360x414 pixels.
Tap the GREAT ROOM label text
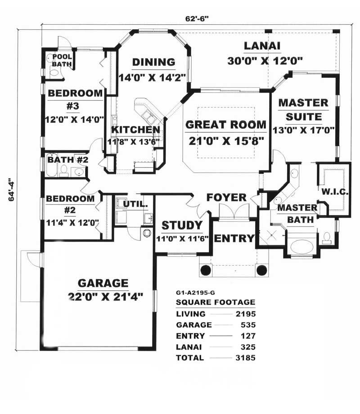coord(226,125)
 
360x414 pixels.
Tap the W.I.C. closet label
coord(333,192)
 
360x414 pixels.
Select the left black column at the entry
coord(205,270)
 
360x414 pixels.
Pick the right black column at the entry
coord(261,270)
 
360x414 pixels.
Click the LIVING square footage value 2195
coord(246,314)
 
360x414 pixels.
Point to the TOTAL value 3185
coord(246,358)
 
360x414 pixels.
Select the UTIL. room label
coord(135,204)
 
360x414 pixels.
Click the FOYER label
coord(226,198)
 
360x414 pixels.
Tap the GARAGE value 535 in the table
coord(248,324)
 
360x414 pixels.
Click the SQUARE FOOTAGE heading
coord(216,302)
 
